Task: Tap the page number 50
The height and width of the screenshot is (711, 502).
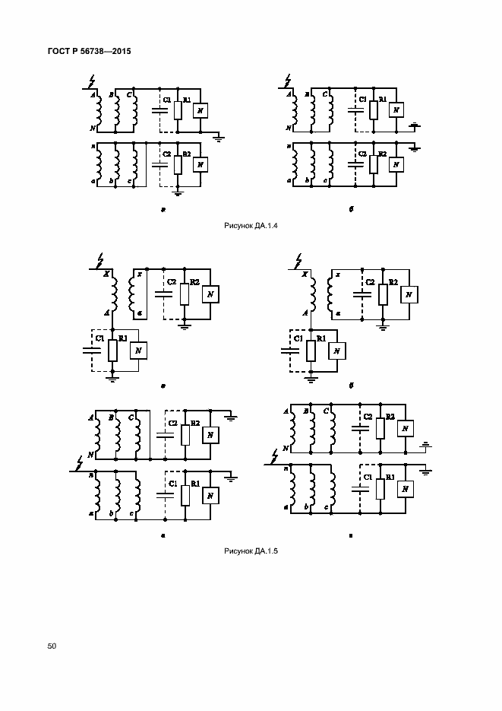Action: tap(52, 646)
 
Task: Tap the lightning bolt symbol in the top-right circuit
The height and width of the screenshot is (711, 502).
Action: tap(286, 78)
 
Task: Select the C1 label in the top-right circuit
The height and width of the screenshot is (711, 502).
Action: tap(362, 99)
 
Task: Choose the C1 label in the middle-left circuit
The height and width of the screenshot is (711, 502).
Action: tap(97, 337)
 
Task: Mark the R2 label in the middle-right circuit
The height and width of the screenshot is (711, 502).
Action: tap(393, 282)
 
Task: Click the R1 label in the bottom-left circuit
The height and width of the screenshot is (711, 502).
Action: tap(195, 483)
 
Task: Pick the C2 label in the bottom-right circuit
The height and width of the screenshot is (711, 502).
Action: tap(368, 416)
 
